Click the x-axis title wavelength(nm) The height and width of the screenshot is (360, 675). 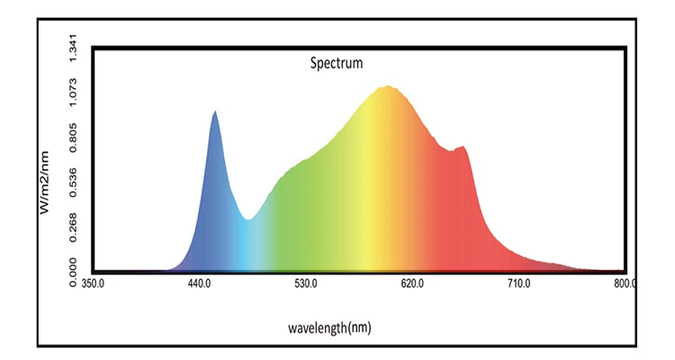[329, 328]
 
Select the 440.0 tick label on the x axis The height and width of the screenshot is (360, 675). [199, 283]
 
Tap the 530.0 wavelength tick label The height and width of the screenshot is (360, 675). [306, 283]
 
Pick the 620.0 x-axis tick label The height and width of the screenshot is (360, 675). [412, 283]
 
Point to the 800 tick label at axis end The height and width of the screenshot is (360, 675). [624, 283]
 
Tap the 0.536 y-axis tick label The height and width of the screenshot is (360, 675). [74, 180]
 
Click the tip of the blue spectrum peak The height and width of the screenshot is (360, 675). [214, 112]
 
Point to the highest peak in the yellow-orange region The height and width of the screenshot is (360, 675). [388, 86]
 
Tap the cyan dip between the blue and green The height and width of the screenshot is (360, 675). [248, 219]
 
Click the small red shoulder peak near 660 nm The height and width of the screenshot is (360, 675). [463, 147]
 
